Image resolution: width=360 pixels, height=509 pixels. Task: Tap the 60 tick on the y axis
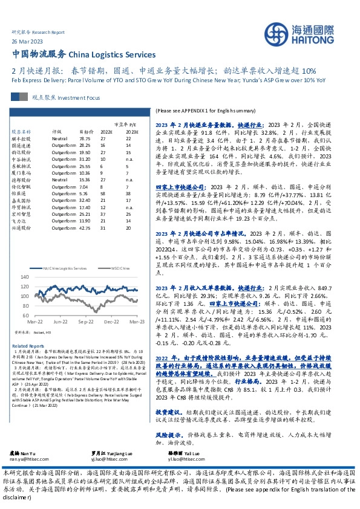tap(25, 316)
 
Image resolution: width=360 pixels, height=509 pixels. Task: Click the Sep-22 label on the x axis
tap(84, 322)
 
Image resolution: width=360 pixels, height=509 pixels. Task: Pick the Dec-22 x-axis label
tap(111, 322)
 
